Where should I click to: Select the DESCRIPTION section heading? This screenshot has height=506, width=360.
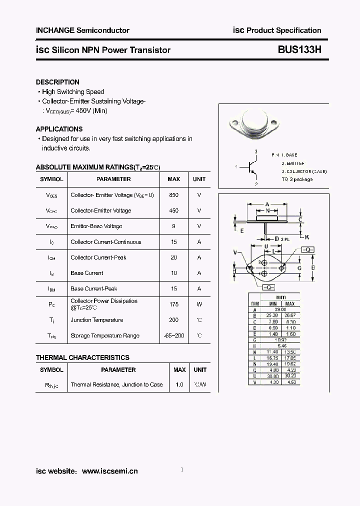(57, 82)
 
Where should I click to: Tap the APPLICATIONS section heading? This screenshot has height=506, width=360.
(59, 129)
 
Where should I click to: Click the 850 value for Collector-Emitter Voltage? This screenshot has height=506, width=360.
(173, 195)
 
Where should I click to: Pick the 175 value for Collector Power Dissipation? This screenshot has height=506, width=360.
(173, 304)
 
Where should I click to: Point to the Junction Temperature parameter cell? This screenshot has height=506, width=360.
(96, 320)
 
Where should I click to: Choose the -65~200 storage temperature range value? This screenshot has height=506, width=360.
(173, 336)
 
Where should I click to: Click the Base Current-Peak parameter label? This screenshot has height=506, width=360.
(94, 288)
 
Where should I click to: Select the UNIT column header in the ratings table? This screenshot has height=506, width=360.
(199, 179)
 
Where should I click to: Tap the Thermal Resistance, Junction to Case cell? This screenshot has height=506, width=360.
(116, 384)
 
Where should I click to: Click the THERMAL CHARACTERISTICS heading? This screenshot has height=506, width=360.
(82, 357)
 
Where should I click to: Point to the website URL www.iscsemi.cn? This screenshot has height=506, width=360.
(109, 471)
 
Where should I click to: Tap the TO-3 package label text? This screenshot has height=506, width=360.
(297, 179)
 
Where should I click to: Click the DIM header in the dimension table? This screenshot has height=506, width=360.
(255, 303)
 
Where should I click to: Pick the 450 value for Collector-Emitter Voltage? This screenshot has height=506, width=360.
(173, 210)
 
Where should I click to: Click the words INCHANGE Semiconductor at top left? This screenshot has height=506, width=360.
(82, 30)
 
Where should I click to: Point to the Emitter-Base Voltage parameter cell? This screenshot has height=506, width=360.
(96, 226)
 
